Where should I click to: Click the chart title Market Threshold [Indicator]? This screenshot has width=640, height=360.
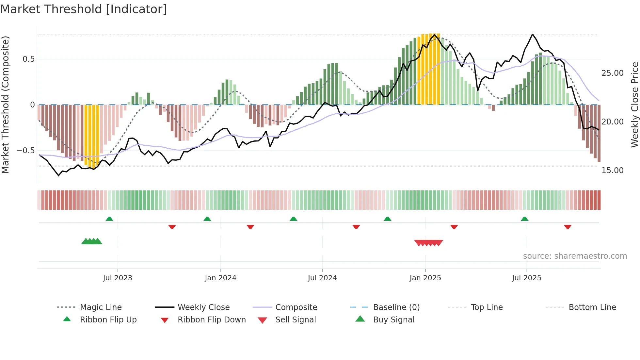pyautogui.click(x=84, y=9)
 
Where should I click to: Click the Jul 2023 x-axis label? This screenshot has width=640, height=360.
pyautogui.click(x=118, y=278)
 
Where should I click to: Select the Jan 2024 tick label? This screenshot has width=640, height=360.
pyautogui.click(x=220, y=278)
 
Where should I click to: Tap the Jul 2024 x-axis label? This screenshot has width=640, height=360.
pyautogui.click(x=322, y=278)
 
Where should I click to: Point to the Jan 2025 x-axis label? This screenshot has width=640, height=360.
pyautogui.click(x=425, y=278)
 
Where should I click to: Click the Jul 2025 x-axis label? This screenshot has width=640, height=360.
pyautogui.click(x=526, y=278)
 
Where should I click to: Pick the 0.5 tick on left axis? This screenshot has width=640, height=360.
pyautogui.click(x=28, y=59)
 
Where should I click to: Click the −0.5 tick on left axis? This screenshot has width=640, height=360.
pyautogui.click(x=26, y=151)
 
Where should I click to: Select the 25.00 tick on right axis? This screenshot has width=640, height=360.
pyautogui.click(x=613, y=73)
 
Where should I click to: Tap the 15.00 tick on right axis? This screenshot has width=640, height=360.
pyautogui.click(x=613, y=171)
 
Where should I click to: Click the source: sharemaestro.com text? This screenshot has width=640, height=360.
pyautogui.click(x=575, y=256)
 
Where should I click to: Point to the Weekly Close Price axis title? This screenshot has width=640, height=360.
pyautogui.click(x=634, y=105)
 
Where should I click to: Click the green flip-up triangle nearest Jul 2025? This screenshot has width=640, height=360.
pyautogui.click(x=524, y=219)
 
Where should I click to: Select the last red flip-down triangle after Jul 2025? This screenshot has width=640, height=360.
pyautogui.click(x=568, y=227)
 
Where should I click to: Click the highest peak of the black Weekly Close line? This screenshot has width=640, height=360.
pyautogui.click(x=533, y=34)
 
